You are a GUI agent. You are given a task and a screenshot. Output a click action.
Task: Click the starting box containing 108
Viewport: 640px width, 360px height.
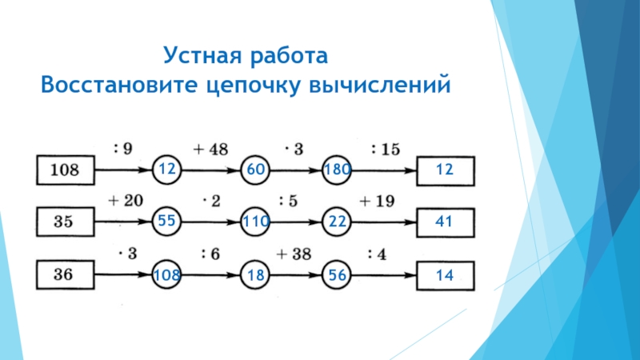[66, 170]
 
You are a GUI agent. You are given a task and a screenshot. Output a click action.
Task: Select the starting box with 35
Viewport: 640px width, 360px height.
[66, 222]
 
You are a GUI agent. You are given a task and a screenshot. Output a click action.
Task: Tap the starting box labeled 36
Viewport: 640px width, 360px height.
[66, 275]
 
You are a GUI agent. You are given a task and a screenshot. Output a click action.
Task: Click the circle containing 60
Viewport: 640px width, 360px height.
[257, 170]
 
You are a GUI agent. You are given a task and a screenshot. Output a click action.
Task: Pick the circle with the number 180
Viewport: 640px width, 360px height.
[336, 170]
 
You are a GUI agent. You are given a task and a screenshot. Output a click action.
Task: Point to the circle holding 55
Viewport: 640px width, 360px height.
[167, 222]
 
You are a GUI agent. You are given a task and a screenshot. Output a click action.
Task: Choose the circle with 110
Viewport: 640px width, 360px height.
[257, 222]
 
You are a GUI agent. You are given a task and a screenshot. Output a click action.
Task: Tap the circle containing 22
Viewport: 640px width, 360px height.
[336, 222]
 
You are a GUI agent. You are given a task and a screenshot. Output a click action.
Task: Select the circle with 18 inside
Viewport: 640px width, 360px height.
[257, 275]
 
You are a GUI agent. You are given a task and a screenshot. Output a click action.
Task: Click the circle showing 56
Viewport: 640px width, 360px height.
[336, 275]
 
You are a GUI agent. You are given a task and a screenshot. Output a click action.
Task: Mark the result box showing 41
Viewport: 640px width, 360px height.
[446, 222]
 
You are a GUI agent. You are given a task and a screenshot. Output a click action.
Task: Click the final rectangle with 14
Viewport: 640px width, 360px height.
[446, 275]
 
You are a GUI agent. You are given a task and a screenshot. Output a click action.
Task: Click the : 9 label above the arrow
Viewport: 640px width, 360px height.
[122, 148]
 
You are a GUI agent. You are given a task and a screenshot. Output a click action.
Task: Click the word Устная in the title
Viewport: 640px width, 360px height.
[201, 56]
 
